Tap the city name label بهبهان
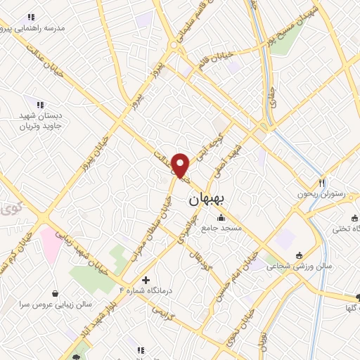207,200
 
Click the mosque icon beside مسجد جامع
221,217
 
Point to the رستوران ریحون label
323,193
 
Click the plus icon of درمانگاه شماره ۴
146,279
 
